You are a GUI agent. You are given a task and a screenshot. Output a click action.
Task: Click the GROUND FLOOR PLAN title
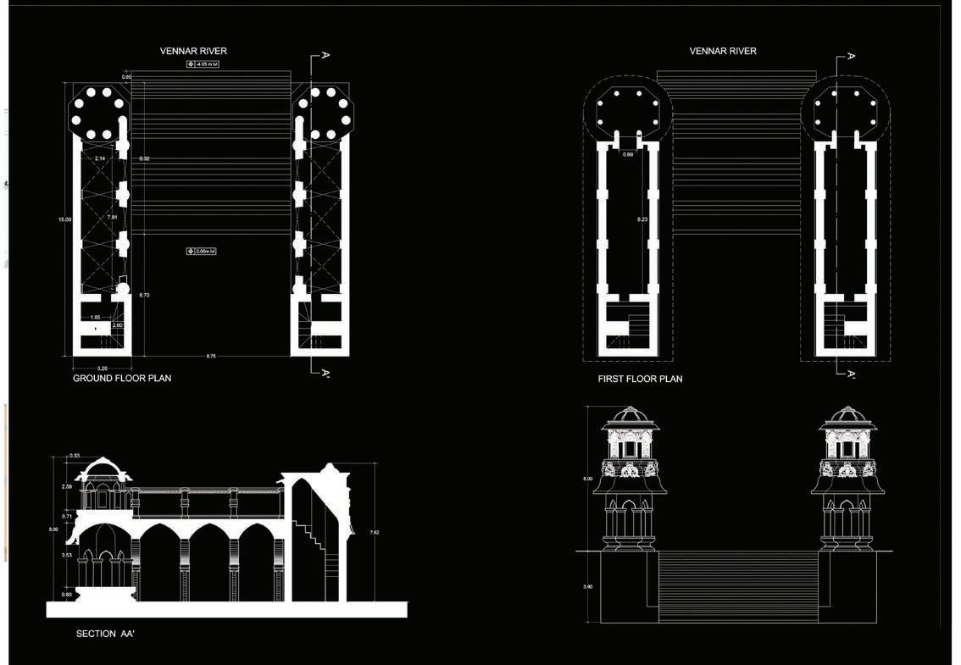click(x=122, y=378)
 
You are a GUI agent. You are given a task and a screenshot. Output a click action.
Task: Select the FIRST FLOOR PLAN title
click(x=640, y=379)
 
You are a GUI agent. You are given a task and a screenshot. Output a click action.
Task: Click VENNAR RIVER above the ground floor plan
click(x=193, y=51)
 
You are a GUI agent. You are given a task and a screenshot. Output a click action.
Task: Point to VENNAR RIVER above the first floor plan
click(x=723, y=51)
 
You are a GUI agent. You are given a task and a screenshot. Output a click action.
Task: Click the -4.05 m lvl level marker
click(x=203, y=64)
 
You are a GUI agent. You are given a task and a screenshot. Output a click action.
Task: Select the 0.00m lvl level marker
click(x=202, y=251)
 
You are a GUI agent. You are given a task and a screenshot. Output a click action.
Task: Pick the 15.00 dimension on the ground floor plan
click(x=64, y=219)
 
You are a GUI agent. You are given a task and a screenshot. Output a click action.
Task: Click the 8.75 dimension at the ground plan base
click(x=210, y=357)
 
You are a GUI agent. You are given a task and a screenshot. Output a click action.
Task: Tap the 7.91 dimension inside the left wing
click(x=112, y=218)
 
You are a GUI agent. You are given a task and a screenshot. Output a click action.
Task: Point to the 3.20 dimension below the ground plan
click(x=102, y=368)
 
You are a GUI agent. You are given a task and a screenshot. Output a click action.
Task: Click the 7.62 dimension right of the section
click(x=375, y=532)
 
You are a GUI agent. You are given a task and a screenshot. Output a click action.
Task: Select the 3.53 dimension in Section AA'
click(x=67, y=555)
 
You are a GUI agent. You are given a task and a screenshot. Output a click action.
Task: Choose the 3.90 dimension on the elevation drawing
click(x=588, y=586)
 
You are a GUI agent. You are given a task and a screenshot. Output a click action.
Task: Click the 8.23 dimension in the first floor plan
click(x=642, y=219)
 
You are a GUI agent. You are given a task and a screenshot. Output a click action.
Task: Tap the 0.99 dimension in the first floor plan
click(x=628, y=154)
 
